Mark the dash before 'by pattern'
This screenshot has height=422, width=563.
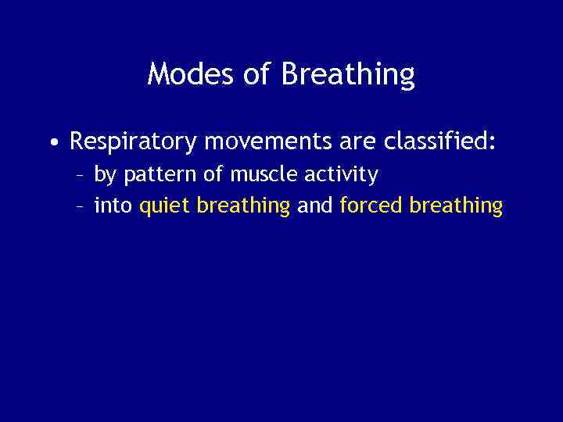80,175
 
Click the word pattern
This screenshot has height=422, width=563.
157,174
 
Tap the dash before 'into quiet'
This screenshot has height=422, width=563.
80,206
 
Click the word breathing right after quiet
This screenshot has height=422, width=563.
243,206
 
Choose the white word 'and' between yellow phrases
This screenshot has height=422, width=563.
315,206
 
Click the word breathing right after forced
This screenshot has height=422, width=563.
456,206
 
